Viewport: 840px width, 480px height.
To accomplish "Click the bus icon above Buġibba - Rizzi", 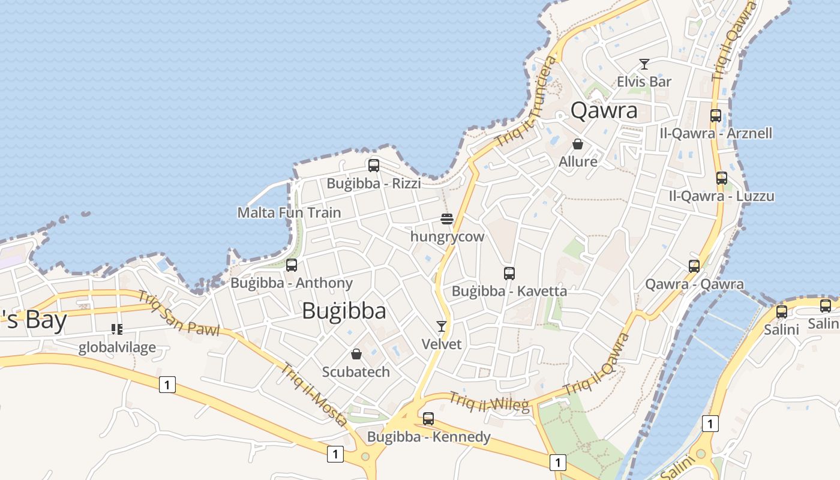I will point(374,166).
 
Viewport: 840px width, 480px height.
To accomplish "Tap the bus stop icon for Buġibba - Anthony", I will point(292,265).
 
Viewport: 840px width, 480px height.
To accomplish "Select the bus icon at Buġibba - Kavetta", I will point(509,274).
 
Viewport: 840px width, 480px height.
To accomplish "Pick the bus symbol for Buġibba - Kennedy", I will point(428,419).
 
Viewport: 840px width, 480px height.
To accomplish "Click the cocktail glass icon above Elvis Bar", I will point(644,64).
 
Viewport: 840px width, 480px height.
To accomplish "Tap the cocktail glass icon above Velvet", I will point(442,326).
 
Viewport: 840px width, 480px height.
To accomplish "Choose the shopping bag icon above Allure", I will point(578,144).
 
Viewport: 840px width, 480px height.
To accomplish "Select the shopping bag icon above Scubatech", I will point(356,354).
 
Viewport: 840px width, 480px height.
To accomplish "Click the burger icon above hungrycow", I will point(446,219).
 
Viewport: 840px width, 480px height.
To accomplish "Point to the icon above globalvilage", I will point(116,329).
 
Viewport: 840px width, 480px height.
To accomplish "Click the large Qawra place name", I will point(604,110).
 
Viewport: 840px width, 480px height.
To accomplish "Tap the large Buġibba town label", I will point(344,311).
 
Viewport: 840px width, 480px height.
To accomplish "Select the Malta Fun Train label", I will point(289,212).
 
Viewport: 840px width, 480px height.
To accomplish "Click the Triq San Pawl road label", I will point(179,313).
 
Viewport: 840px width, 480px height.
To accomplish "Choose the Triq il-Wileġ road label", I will point(490,403).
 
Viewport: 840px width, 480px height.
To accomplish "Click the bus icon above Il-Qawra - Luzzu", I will point(722,178).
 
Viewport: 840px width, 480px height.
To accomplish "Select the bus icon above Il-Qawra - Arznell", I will point(716,116).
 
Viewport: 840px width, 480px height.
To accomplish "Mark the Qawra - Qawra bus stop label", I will point(694,284).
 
